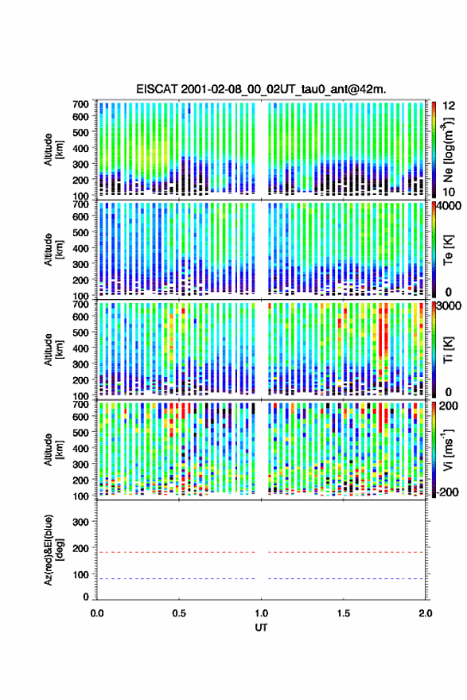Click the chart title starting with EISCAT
click(261, 89)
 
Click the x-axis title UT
click(261, 628)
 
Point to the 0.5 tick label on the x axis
click(179, 613)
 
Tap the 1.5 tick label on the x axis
click(344, 613)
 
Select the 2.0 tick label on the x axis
click(426, 613)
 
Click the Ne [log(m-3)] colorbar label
click(448, 150)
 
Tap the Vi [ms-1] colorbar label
click(448, 450)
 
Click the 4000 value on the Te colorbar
click(449, 207)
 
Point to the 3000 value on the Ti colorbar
click(449, 307)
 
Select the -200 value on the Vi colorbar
click(447, 492)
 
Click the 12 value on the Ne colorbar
click(449, 106)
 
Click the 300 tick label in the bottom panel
click(81, 522)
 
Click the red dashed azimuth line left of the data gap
click(177, 552)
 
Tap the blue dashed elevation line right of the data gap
click(346, 578)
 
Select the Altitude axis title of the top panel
click(53, 150)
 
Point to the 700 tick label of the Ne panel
click(81, 104)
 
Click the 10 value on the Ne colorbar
click(449, 192)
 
